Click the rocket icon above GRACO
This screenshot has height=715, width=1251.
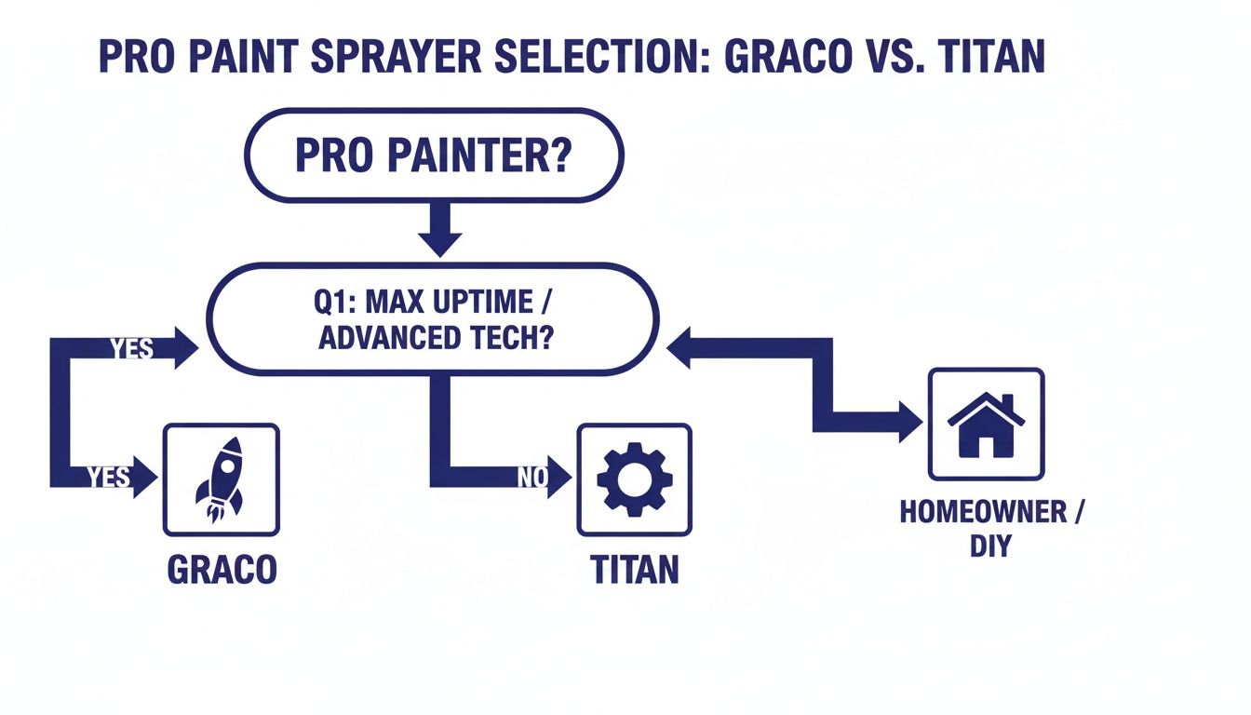(221, 479)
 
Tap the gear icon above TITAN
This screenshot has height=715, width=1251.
(634, 479)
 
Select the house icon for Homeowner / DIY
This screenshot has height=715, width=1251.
(986, 424)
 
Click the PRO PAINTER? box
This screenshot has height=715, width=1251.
(433, 155)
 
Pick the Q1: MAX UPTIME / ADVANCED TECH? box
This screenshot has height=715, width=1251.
(433, 318)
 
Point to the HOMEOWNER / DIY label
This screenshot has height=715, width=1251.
(991, 528)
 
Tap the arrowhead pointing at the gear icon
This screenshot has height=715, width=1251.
(558, 478)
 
